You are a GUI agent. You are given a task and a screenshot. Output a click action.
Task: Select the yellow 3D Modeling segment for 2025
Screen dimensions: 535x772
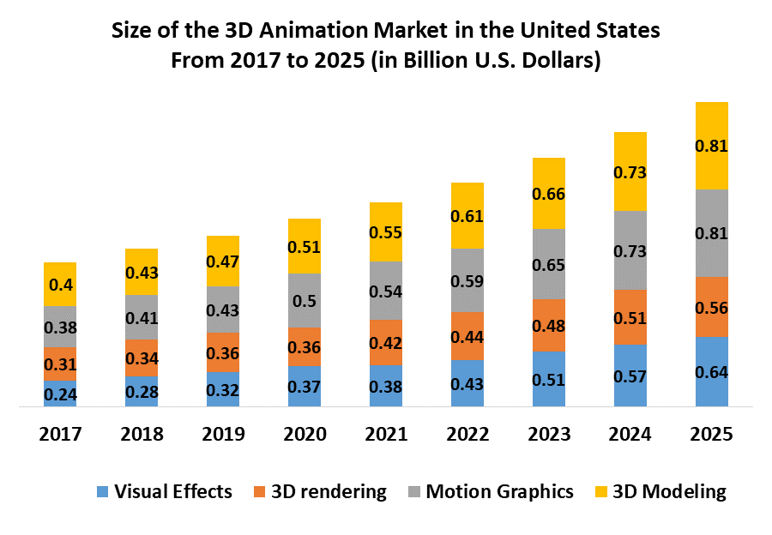(711, 146)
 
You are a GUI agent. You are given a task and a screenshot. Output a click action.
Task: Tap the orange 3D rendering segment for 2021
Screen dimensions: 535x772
(386, 342)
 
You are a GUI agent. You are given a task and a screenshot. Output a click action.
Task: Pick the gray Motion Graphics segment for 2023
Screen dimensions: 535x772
(549, 264)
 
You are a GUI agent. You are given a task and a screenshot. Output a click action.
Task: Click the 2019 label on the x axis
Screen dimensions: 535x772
(223, 434)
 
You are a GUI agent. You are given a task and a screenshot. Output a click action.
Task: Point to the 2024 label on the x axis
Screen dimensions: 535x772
(630, 434)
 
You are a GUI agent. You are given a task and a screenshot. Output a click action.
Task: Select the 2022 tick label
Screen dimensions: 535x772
(467, 434)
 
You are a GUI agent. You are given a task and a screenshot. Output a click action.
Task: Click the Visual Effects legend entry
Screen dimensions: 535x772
(163, 491)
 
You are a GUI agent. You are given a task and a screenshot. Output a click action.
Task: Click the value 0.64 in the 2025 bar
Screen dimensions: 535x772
(711, 372)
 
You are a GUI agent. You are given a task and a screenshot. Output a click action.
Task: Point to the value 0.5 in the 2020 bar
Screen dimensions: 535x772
(305, 300)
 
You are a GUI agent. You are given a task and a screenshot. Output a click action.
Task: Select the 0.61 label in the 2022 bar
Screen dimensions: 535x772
(467, 215)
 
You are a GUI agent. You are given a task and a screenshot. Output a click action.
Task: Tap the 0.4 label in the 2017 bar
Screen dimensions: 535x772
(61, 285)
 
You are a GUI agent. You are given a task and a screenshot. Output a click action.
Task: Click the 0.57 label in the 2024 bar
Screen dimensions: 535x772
(630, 376)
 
